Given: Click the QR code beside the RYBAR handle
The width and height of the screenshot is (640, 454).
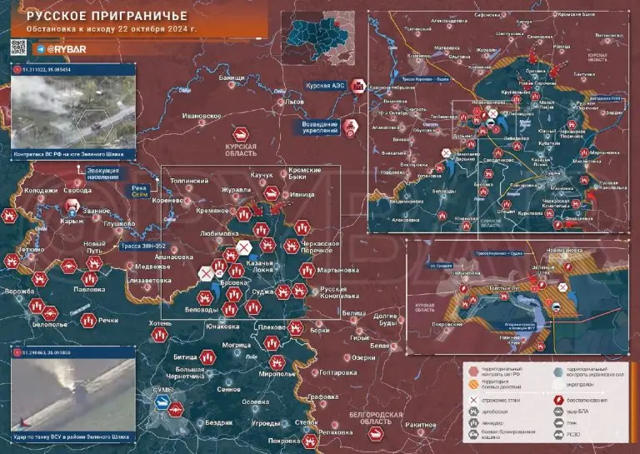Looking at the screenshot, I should click(x=19, y=47).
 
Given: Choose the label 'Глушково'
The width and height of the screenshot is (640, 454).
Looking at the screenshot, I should click(x=119, y=223).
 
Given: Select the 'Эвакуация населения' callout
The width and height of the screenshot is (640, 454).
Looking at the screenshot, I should click(x=102, y=174).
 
